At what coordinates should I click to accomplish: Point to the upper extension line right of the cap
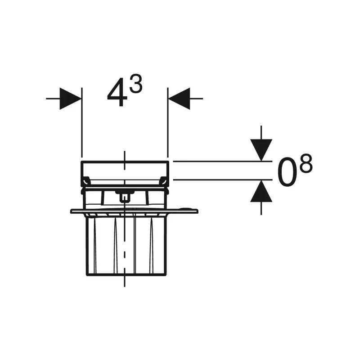(216, 161)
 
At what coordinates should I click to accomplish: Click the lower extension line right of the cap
(216, 180)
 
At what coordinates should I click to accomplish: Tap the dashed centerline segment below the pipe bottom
(125, 282)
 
